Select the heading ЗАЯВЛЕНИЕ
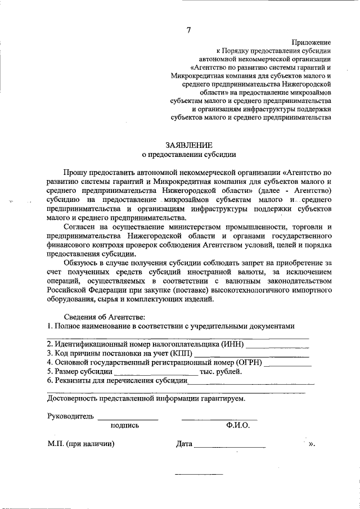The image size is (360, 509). [189, 145]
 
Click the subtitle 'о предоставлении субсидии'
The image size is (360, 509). [188, 154]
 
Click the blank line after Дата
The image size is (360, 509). [229, 446]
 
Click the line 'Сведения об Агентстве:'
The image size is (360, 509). [103, 317]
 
